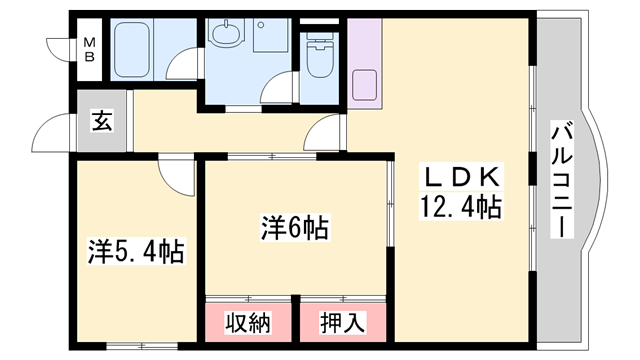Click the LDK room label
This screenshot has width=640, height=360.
[462, 178]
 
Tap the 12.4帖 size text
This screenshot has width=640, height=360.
[462, 209]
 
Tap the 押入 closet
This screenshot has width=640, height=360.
[343, 322]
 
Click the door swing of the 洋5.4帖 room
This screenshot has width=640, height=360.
[174, 174]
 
